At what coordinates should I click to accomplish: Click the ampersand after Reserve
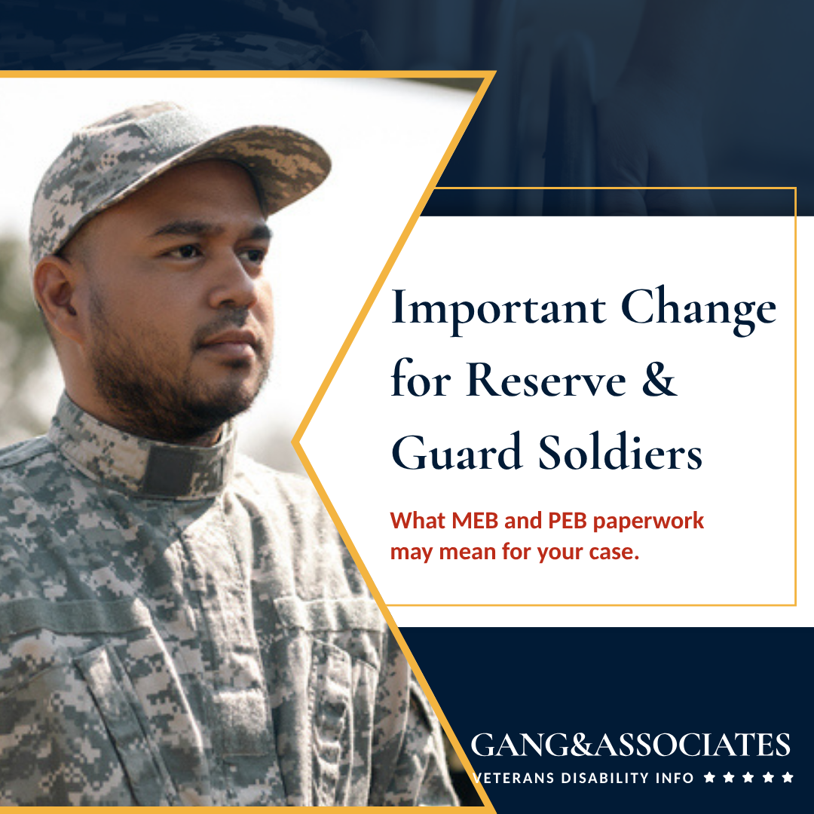pyautogui.click(x=659, y=378)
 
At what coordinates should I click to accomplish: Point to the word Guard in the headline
pyautogui.click(x=456, y=451)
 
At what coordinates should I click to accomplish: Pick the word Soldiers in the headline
pyautogui.click(x=620, y=451)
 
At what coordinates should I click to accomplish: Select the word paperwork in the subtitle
pyautogui.click(x=648, y=522)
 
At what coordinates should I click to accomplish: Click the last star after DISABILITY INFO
pyautogui.click(x=788, y=777)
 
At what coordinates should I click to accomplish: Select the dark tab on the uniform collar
pyautogui.click(x=182, y=470)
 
